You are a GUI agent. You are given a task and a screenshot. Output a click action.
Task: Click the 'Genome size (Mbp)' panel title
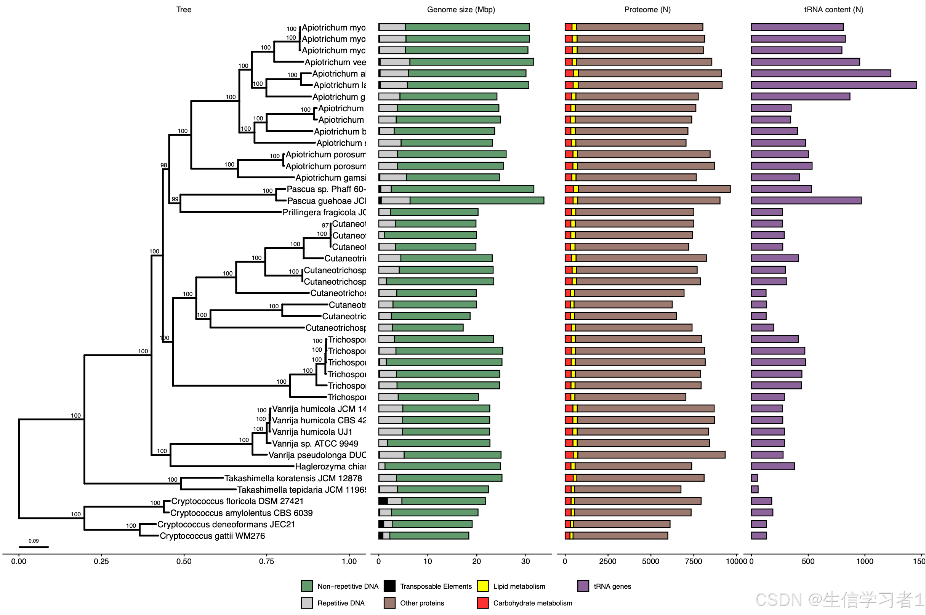[x=461, y=10]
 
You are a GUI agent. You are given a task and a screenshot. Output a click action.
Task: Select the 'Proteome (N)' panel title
[x=647, y=10]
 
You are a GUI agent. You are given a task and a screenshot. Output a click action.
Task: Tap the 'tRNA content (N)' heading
[x=833, y=10]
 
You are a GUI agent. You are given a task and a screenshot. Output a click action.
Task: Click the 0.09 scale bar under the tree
[x=34, y=547]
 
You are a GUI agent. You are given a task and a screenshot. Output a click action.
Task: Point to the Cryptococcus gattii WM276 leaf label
[x=212, y=536]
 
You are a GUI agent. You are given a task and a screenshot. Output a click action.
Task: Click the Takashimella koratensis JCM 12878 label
[x=293, y=478]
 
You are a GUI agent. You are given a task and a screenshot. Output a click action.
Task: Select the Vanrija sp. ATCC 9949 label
[x=315, y=444]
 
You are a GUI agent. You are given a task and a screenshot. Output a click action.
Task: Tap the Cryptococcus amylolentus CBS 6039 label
[x=242, y=513]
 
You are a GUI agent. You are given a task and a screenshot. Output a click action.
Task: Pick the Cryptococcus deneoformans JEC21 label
[x=226, y=524]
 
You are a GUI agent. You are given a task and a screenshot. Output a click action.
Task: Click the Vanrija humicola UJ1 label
[x=312, y=432]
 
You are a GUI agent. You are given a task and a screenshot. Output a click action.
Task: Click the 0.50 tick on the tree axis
[x=184, y=561]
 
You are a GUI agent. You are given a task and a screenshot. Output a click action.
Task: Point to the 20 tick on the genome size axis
[x=477, y=561]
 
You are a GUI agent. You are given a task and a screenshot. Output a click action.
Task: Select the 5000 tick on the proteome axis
[x=650, y=561]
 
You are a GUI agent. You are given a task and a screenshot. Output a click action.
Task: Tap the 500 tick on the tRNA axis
[x=808, y=561]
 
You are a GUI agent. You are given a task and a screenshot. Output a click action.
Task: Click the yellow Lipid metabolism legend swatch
[x=482, y=586]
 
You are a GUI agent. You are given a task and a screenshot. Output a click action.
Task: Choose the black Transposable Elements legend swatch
[x=389, y=586]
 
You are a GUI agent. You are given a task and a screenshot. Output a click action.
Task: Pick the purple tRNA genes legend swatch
[x=583, y=586]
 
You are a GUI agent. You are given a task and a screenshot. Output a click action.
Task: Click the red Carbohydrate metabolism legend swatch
[x=482, y=603]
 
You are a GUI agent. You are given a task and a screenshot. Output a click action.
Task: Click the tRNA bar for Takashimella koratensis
[x=754, y=478]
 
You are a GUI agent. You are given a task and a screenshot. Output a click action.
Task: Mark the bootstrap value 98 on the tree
[x=163, y=165]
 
